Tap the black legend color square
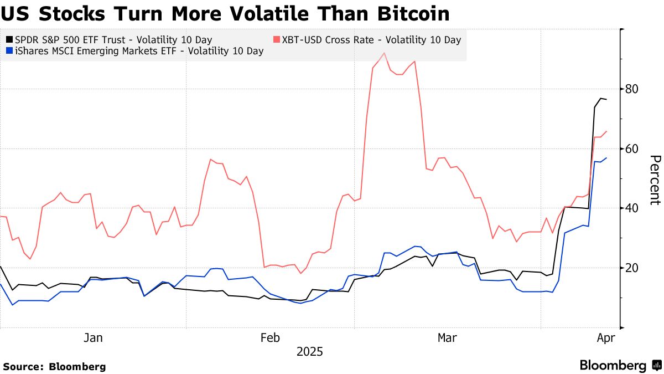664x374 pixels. tap(9, 40)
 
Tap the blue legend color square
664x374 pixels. tap(9, 52)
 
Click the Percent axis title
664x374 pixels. tap(654, 180)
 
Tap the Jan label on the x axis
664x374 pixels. tap(92, 337)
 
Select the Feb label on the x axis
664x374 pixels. tap(269, 337)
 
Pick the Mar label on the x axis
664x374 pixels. tap(447, 337)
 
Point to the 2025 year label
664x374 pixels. tap(309, 352)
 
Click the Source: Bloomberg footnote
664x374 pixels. tap(54, 366)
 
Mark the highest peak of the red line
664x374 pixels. tap(384, 53)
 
